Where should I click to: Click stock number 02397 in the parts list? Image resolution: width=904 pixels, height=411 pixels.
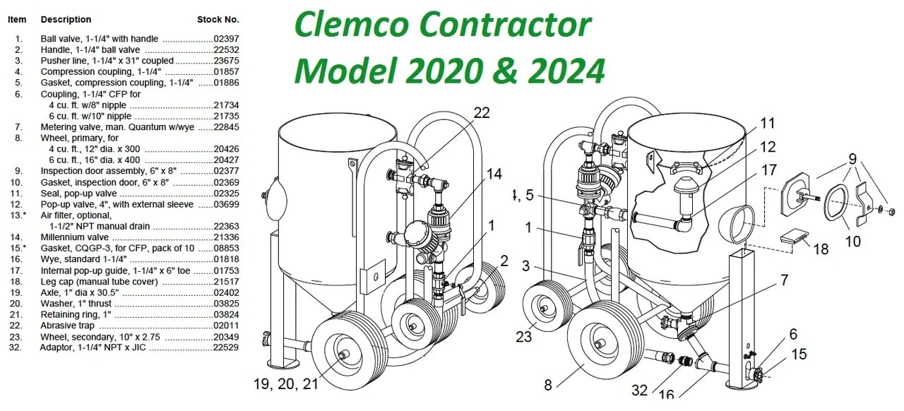pyautogui.click(x=226, y=39)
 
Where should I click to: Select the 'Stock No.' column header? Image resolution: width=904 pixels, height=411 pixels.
pyautogui.click(x=218, y=19)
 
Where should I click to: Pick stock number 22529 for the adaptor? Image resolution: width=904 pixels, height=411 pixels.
pyautogui.click(x=226, y=347)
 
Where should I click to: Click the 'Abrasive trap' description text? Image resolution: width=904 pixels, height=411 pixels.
pyautogui.click(x=67, y=326)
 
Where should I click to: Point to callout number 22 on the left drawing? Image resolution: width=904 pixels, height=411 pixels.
pyautogui.click(x=482, y=113)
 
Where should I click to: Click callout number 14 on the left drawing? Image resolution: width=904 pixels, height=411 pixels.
pyautogui.click(x=494, y=174)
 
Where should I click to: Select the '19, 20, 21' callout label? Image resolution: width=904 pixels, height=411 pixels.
pyautogui.click(x=286, y=383)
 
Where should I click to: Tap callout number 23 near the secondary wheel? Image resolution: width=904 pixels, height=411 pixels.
pyautogui.click(x=524, y=336)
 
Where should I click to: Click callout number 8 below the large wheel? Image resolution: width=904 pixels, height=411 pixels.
pyautogui.click(x=547, y=385)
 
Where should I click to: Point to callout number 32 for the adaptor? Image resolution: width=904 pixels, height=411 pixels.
pyautogui.click(x=640, y=390)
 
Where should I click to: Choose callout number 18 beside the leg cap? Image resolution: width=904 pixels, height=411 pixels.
pyautogui.click(x=821, y=249)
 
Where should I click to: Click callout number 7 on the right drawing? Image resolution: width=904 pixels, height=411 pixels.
pyautogui.click(x=784, y=280)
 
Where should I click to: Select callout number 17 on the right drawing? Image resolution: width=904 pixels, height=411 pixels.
pyautogui.click(x=769, y=170)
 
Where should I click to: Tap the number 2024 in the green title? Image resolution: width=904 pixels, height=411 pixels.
pyautogui.click(x=566, y=71)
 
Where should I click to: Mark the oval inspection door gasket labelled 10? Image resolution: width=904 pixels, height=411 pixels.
pyautogui.click(x=835, y=202)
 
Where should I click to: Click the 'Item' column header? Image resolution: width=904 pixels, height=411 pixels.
pyautogui.click(x=17, y=19)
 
